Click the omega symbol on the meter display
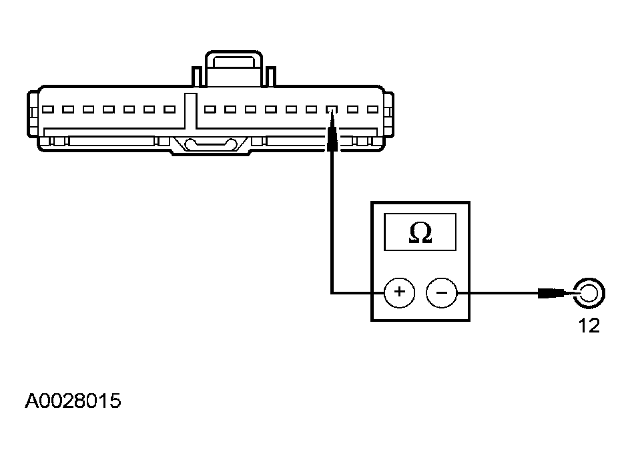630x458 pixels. click(420, 233)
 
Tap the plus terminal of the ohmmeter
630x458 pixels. click(399, 292)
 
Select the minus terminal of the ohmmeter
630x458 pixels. click(442, 292)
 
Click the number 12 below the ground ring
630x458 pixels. click(589, 325)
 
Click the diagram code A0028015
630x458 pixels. click(73, 401)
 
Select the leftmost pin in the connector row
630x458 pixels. click(48, 109)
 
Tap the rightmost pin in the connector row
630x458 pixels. click(372, 109)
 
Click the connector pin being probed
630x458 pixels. click(332, 109)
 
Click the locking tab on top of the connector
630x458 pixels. click(234, 68)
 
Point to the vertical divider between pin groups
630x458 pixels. click(190, 111)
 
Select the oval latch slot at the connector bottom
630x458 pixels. click(210, 144)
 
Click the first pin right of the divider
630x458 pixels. click(210, 109)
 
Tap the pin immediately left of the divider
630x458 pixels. click(170, 109)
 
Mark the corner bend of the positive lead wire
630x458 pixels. click(332, 292)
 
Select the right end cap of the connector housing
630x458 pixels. click(388, 115)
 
